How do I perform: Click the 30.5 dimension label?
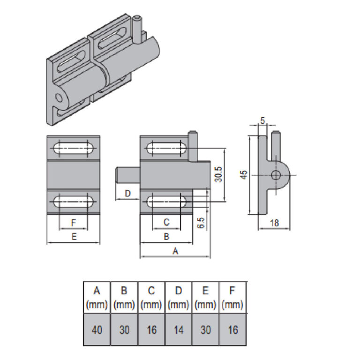tap(218, 174)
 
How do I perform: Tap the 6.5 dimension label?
tap(201, 223)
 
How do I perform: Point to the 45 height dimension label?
tap(244, 175)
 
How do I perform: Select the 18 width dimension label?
tap(274, 223)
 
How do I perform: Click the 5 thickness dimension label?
tap(262, 120)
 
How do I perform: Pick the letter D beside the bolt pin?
tap(127, 193)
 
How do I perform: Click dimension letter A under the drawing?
tap(175, 251)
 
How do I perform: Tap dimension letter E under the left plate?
tap(74, 236)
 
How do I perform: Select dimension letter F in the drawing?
tap(73, 223)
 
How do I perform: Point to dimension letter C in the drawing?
tap(166, 222)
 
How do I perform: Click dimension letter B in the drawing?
tap(166, 236)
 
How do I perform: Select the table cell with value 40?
tap(97, 330)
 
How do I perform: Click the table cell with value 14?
tap(179, 330)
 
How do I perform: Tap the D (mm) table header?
tap(179, 298)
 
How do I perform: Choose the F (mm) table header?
tap(232, 298)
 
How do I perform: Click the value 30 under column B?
tap(124, 330)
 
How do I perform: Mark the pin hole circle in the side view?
tap(276, 175)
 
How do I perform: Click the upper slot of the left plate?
tap(74, 148)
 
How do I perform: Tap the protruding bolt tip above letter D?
tap(127, 175)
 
